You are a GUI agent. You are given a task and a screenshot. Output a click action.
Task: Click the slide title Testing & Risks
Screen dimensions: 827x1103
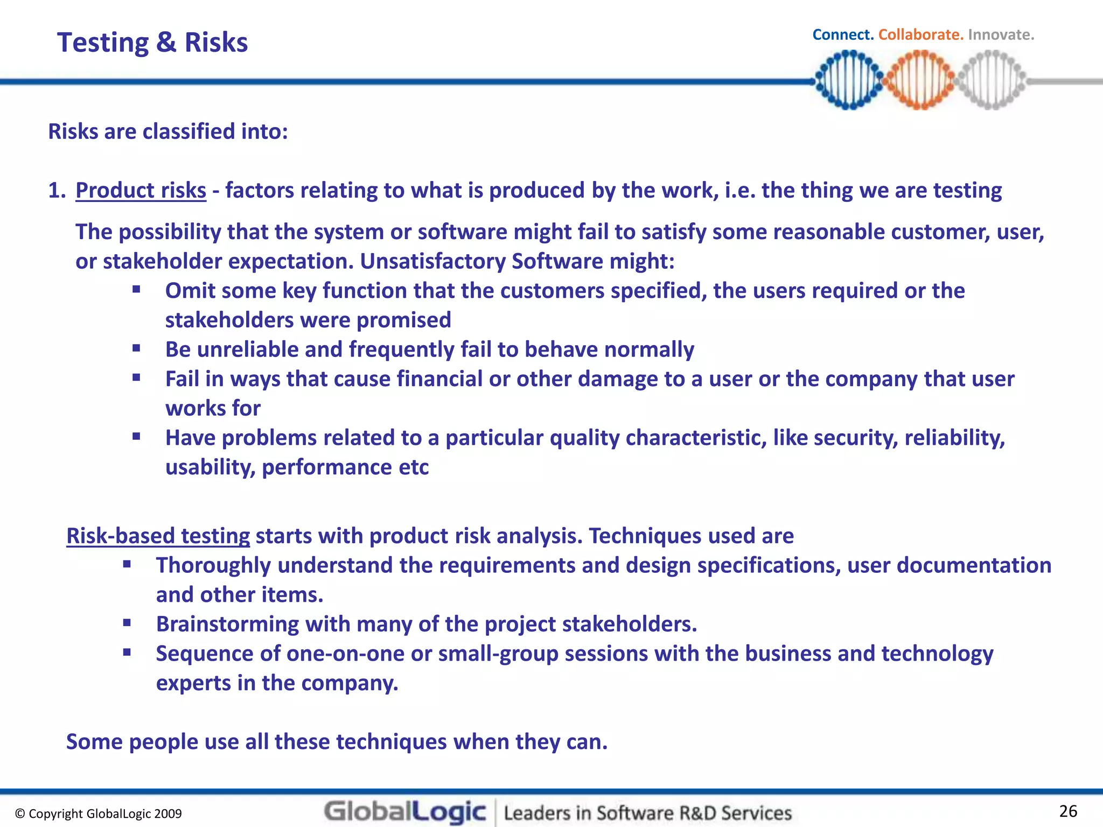(152, 43)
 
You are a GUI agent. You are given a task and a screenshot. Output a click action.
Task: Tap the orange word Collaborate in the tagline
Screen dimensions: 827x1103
(920, 35)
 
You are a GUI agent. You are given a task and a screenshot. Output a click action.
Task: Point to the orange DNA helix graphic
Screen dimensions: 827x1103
(920, 80)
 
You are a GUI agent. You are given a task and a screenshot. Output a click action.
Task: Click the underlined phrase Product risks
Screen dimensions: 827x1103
(141, 191)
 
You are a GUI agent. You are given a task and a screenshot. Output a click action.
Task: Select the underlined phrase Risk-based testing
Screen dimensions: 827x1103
(158, 536)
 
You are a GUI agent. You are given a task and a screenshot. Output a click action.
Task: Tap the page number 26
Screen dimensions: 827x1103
(1068, 811)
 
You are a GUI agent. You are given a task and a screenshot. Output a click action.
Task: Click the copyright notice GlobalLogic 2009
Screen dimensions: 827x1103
(99, 814)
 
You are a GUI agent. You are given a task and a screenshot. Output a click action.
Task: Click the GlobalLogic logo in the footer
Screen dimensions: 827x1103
(405, 812)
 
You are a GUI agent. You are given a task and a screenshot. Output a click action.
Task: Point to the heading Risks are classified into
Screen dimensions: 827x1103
(168, 132)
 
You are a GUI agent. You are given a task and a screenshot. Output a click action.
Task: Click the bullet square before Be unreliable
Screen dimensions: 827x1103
(136, 348)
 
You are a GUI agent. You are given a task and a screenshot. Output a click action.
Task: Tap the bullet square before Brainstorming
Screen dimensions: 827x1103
(127, 623)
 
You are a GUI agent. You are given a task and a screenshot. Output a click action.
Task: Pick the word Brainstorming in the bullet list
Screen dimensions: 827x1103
(227, 625)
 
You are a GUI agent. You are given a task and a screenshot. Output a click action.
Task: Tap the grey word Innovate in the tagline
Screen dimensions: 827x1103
(1001, 35)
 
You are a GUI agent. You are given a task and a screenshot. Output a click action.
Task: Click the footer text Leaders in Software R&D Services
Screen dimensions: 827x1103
(648, 813)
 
